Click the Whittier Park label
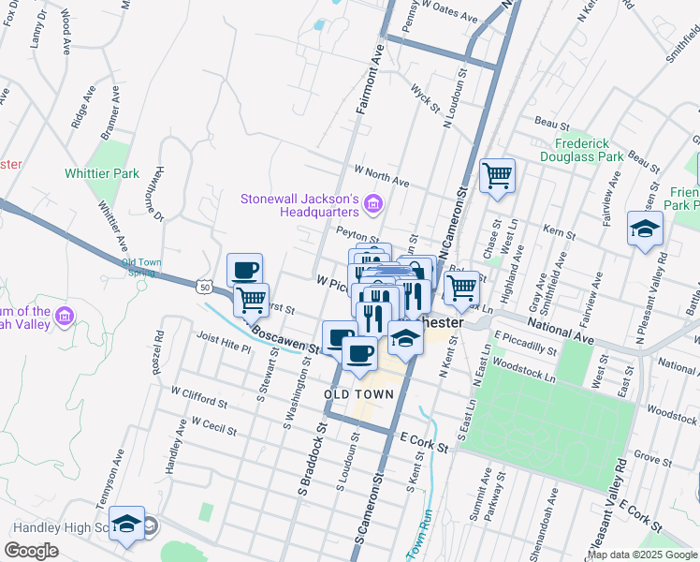tap(102, 173)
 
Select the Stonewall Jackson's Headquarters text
tap(299, 205)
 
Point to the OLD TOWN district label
tap(358, 394)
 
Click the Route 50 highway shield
tap(205, 287)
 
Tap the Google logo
tap(32, 551)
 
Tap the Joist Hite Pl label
tap(224, 343)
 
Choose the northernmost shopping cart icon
tap(497, 175)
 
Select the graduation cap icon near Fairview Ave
tap(645, 229)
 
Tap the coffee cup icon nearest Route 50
tap(244, 271)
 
